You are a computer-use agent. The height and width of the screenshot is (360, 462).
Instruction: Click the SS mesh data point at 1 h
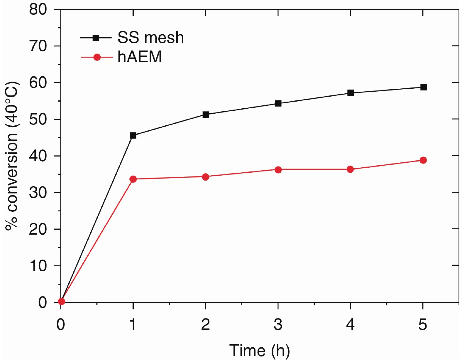133,135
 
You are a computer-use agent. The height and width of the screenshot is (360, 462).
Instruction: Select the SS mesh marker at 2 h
206,115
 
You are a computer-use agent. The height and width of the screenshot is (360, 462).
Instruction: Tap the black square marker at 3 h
278,103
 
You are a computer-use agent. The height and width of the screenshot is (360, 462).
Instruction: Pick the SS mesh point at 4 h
351,93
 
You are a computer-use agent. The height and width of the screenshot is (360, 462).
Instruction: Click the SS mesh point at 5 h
423,87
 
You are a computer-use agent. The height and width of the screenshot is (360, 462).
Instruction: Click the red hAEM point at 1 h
133,179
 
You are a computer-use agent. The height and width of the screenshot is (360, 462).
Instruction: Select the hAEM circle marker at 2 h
206,177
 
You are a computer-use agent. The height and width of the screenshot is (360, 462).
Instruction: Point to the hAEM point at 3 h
278,170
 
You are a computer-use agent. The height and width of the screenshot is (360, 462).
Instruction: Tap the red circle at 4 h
350,169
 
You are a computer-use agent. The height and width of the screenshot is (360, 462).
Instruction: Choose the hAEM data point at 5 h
423,160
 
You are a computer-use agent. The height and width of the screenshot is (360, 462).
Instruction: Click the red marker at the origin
61,301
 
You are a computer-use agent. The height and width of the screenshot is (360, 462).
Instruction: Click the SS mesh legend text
150,38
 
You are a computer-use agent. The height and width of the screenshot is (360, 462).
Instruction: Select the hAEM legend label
140,57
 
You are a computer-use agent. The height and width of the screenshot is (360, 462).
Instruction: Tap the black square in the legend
96,38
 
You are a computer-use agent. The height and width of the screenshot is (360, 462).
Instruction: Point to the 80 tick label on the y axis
38,10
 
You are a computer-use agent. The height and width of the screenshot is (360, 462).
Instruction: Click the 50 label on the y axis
38,120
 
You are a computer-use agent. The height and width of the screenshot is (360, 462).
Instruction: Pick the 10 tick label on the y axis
38,266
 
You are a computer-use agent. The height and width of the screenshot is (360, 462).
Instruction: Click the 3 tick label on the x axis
278,324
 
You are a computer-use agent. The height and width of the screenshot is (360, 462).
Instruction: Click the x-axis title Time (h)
259,350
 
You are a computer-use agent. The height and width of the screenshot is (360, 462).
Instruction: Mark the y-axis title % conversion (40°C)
12,156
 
